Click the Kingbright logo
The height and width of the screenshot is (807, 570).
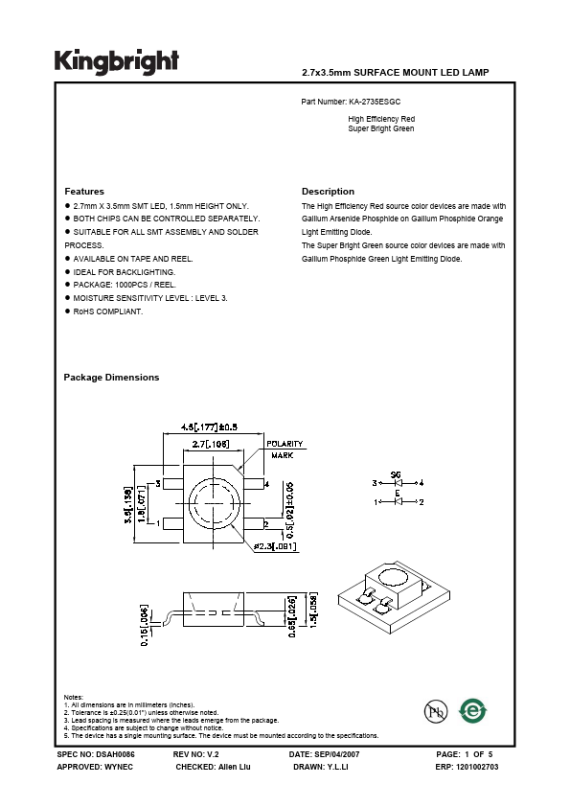tap(116, 60)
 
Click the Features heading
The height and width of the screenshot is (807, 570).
tap(84, 192)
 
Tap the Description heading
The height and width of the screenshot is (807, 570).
tap(328, 192)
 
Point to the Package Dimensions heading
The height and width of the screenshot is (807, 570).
tap(111, 378)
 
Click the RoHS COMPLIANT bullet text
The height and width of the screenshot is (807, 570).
tap(106, 311)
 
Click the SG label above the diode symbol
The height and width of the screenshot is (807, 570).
tap(395, 474)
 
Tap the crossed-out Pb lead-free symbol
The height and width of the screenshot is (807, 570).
tap(436, 710)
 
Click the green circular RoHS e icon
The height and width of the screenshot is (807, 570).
tap(472, 709)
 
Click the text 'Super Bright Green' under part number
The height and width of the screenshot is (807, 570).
tap(381, 128)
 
